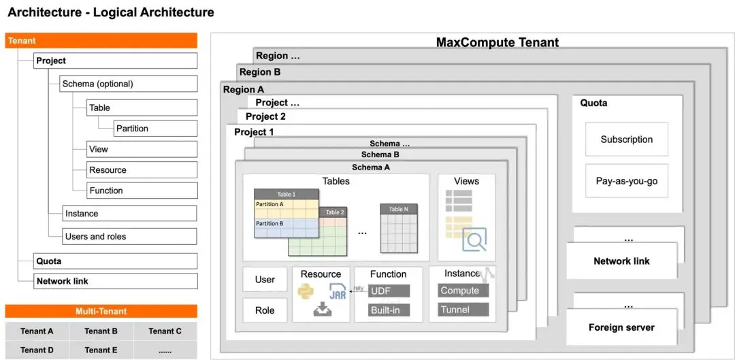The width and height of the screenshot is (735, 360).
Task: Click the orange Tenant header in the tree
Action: tap(101, 41)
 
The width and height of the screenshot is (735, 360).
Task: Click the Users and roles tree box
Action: tap(129, 237)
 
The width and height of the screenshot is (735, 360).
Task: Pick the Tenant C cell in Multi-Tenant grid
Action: tap(165, 331)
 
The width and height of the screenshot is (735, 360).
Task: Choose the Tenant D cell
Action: tap(37, 350)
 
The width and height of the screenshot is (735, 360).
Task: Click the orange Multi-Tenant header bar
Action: tap(101, 312)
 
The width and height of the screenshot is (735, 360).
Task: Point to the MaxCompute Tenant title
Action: tap(497, 42)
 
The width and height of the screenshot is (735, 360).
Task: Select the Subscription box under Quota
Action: tap(626, 140)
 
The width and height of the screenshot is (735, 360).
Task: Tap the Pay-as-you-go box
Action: tap(626, 181)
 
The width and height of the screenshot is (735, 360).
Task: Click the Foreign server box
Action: tap(621, 327)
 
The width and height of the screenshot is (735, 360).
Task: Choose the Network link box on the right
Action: tap(621, 261)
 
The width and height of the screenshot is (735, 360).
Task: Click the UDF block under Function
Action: tap(389, 291)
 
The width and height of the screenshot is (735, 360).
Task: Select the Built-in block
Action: tap(389, 310)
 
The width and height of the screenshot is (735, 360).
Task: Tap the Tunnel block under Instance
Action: tap(463, 310)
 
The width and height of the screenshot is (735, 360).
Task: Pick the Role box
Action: tap(265, 310)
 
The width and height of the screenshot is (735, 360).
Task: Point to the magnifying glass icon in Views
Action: tap(474, 240)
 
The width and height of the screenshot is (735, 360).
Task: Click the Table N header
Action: tap(399, 210)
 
